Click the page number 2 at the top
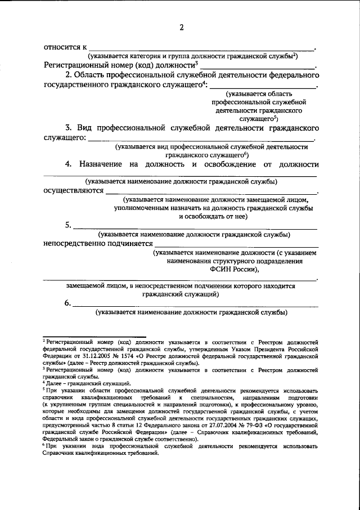tap(181, 28)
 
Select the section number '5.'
tap(67, 225)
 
